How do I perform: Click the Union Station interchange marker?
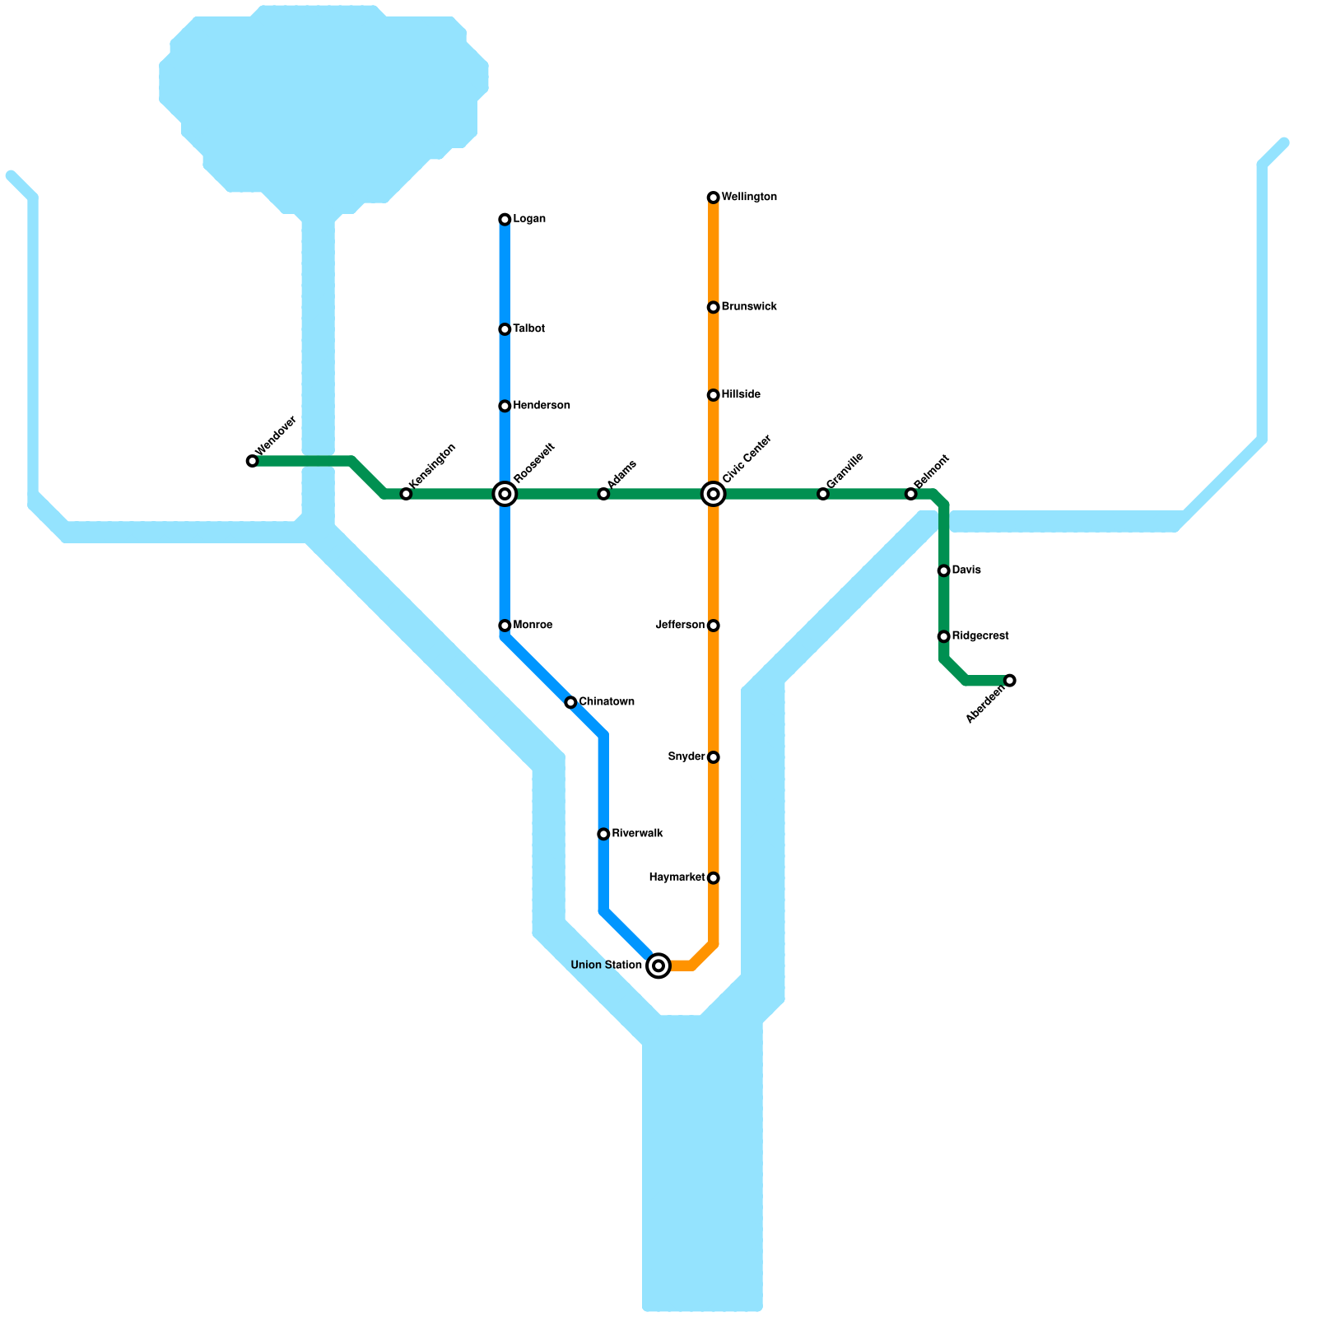point(658,966)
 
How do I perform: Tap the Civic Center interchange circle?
point(714,494)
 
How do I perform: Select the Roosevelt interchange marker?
point(505,494)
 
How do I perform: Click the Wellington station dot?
point(714,198)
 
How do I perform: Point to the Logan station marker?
point(505,220)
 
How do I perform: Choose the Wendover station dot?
point(253,461)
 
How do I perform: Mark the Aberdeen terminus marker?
point(1010,680)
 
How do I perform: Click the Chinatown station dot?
point(570,702)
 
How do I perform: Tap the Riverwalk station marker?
point(603,834)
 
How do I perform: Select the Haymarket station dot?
point(714,878)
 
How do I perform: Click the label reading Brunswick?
point(749,307)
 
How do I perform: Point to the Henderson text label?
point(542,406)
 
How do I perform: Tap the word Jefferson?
point(680,626)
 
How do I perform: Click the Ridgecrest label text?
point(980,636)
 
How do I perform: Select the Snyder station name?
point(686,757)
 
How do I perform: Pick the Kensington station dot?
point(406,494)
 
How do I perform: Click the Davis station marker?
point(944,570)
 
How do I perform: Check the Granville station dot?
point(823,494)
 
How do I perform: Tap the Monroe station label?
point(533,626)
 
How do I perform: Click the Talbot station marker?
point(505,329)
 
